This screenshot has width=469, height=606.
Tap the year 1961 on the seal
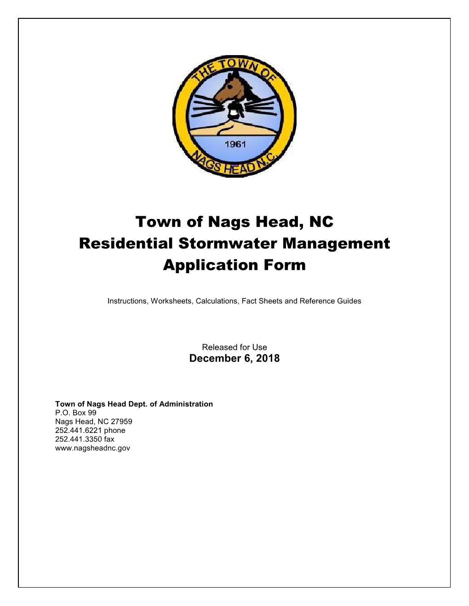tap(235, 144)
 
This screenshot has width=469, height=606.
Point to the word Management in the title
tap(336, 243)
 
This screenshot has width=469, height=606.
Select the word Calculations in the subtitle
tap(217, 301)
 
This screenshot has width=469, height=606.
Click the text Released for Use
tap(234, 347)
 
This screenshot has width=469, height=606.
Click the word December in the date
tap(210, 359)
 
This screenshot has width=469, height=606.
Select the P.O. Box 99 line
tap(76, 413)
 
